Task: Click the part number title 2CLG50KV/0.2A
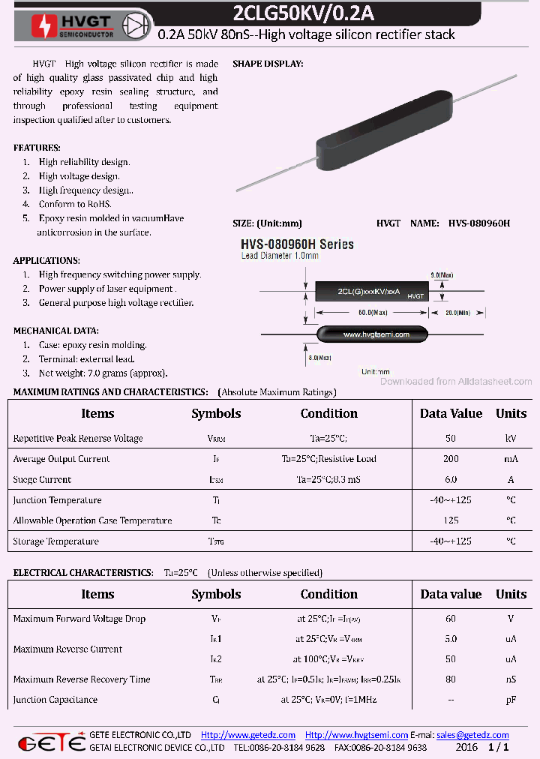(x=314, y=13)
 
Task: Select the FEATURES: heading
(x=37, y=148)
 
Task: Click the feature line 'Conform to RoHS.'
(x=75, y=204)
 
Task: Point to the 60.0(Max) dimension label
(x=373, y=312)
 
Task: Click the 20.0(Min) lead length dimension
(x=460, y=312)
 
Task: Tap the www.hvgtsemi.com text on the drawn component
(x=376, y=334)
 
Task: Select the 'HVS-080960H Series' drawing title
(x=297, y=244)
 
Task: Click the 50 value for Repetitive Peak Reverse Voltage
(x=451, y=438)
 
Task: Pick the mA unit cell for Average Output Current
(x=511, y=459)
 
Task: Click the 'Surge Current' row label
(x=42, y=479)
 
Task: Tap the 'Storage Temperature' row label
(x=55, y=541)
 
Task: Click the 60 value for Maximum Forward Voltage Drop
(x=451, y=619)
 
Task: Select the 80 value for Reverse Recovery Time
(x=451, y=679)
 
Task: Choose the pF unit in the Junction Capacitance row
(x=511, y=700)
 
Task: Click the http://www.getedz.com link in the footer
(x=248, y=735)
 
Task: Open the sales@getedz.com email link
(x=472, y=735)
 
